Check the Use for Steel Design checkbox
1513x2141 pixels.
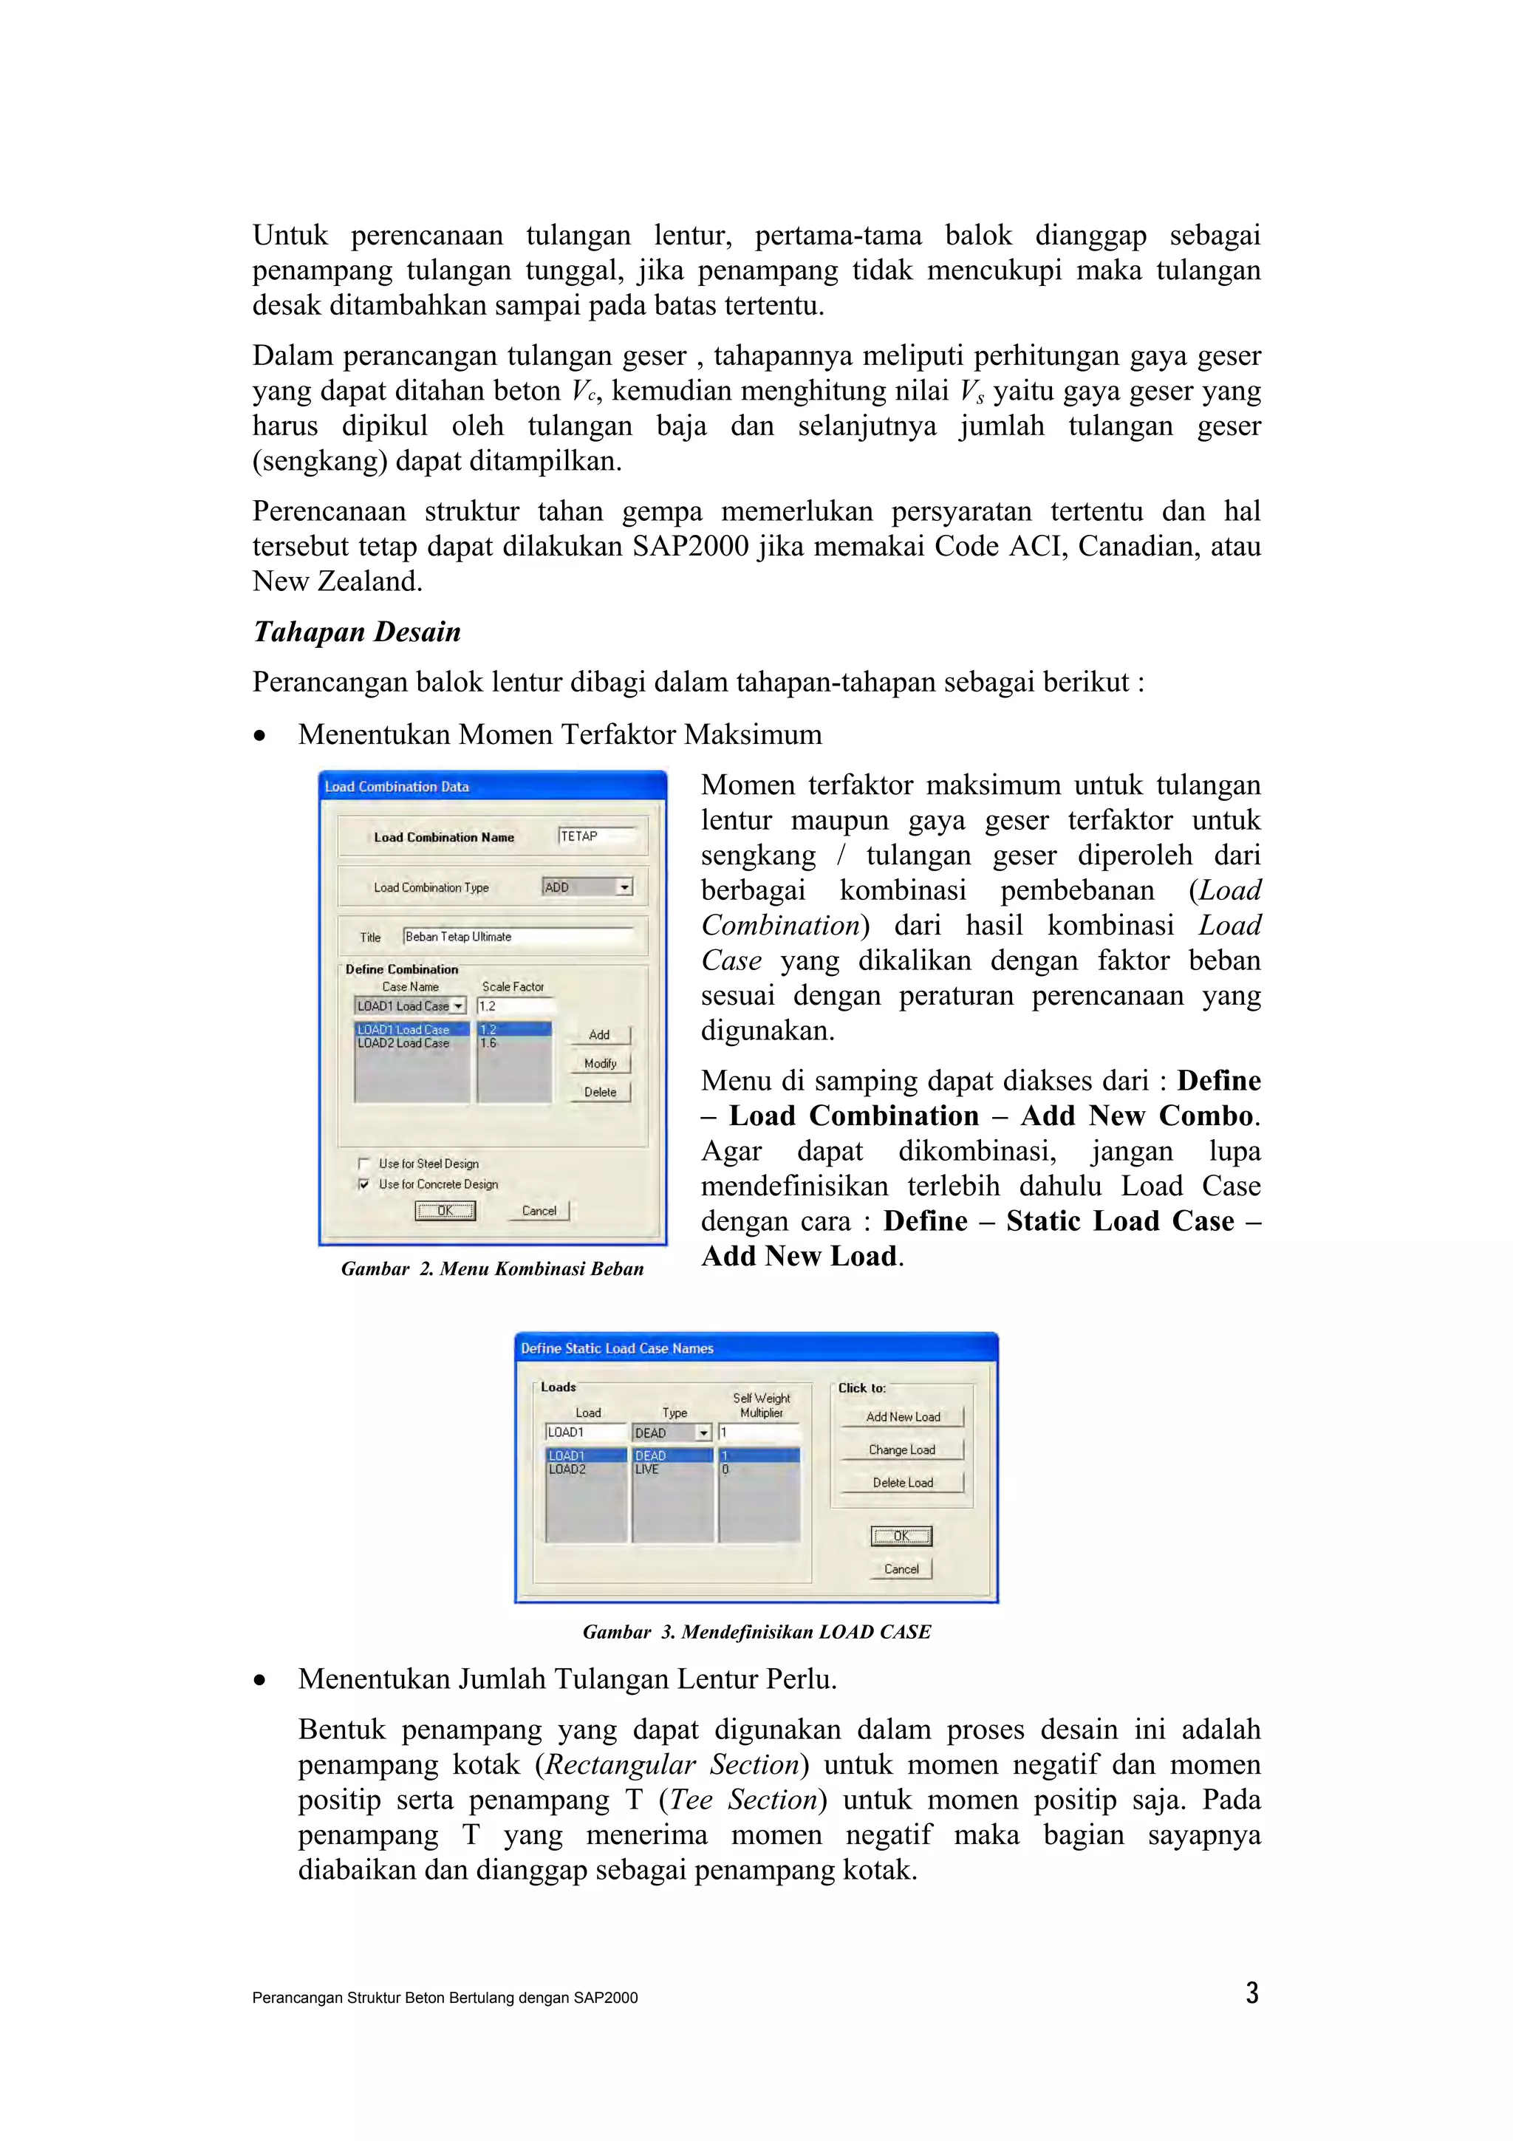tap(364, 1164)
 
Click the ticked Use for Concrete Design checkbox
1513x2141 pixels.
tap(364, 1184)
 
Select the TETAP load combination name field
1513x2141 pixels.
tap(597, 836)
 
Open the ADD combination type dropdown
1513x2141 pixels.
tap(624, 888)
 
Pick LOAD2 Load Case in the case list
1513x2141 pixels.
tap(403, 1043)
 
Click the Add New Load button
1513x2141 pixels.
tap(901, 1416)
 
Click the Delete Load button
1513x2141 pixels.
tap(901, 1483)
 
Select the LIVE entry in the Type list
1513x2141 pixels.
tap(648, 1469)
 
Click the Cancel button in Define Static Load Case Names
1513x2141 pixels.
tap(901, 1569)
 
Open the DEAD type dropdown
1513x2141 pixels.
tap(704, 1433)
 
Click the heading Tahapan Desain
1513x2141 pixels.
tap(357, 632)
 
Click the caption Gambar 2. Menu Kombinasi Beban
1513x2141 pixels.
tap(492, 1269)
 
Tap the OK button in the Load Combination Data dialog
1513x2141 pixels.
tap(445, 1212)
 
